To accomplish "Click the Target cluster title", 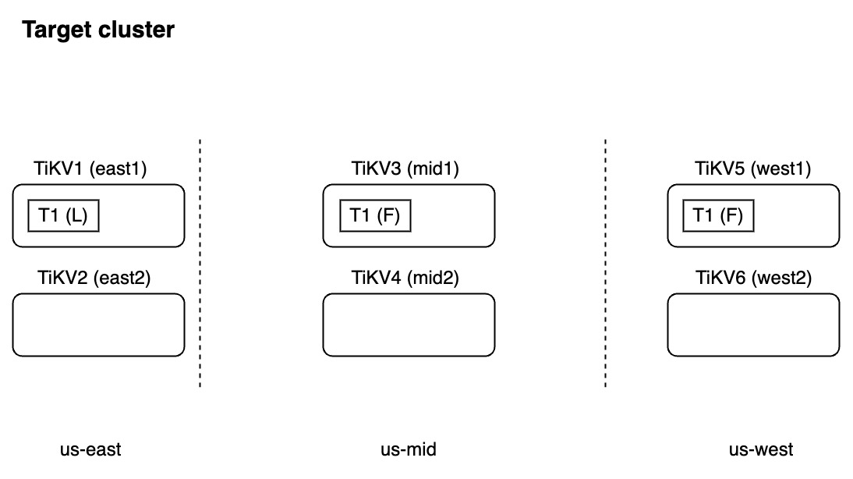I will (x=98, y=30).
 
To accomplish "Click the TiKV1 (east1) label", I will (x=90, y=168).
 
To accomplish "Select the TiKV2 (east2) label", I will (x=94, y=277).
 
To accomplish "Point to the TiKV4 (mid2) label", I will (x=405, y=277).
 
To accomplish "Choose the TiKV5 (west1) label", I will (x=753, y=168).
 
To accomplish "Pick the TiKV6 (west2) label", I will (x=753, y=277).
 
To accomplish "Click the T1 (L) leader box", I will (x=63, y=216).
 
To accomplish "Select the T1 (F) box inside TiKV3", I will (x=375, y=216).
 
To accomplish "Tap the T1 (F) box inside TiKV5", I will (x=718, y=216).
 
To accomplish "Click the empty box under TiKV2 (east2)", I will (x=98, y=325).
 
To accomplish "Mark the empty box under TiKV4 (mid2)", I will (x=409, y=325).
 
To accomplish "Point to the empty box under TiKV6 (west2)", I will (x=753, y=325).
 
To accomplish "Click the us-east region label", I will (x=90, y=449).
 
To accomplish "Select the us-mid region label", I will (x=408, y=449).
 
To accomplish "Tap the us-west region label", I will (x=761, y=449).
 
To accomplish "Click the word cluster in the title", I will (x=137, y=30).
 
